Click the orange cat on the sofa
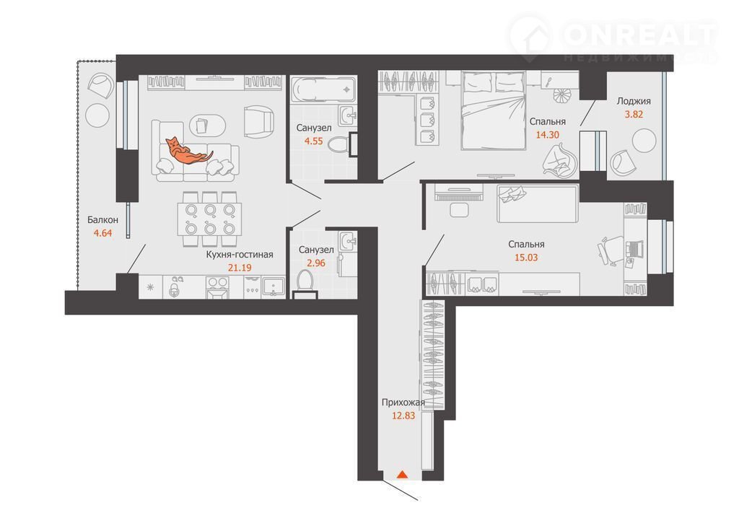point(188,151)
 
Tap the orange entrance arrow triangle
point(402,474)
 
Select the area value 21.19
point(240,268)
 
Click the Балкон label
point(102,219)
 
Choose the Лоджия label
point(634,101)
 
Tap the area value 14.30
point(548,135)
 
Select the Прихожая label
point(403,403)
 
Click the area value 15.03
point(526,258)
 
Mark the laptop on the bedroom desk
point(634,248)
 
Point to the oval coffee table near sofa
point(207,125)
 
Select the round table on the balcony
point(97,115)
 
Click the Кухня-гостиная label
point(240,255)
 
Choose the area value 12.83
point(403,416)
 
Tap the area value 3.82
point(634,114)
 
